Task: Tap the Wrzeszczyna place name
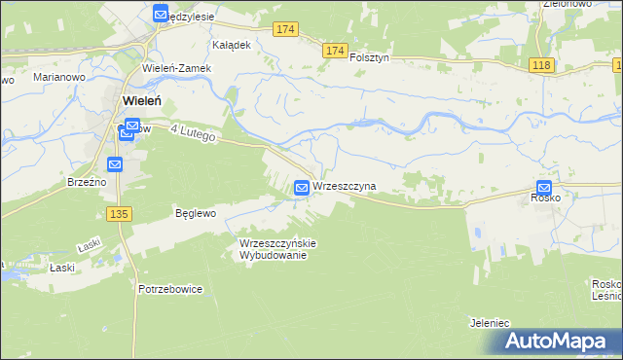point(344,186)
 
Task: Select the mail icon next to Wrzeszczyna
point(302,187)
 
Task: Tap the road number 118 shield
point(542,64)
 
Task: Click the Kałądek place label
point(233,45)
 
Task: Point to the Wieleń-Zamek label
point(176,68)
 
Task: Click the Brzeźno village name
point(86,181)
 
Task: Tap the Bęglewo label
point(195,211)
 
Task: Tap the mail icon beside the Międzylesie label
point(161,14)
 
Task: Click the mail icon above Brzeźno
point(115,164)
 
